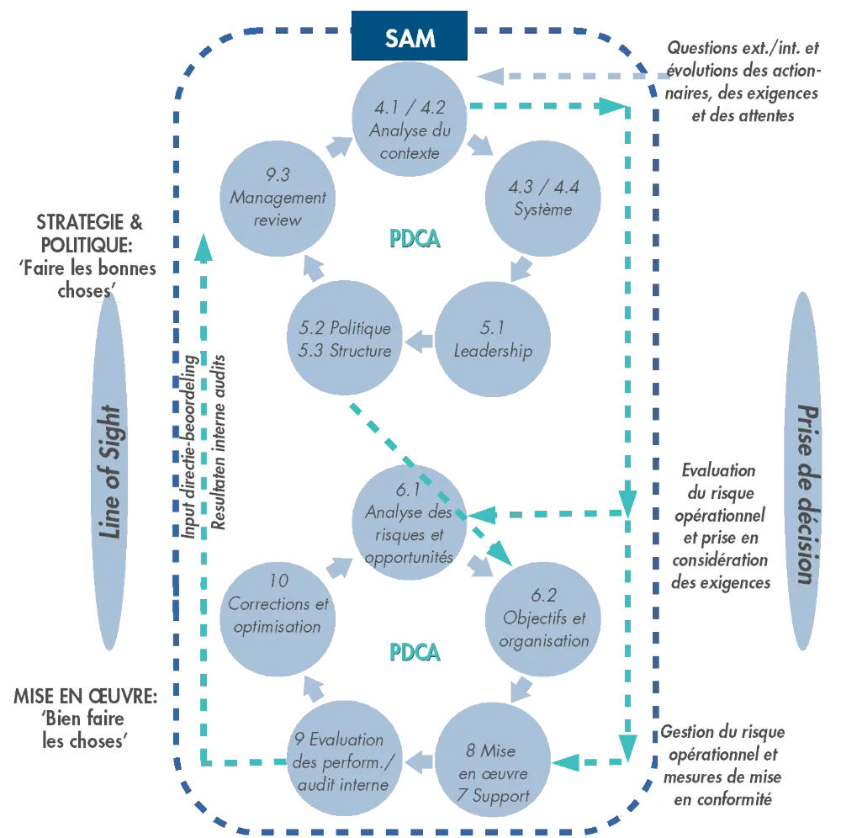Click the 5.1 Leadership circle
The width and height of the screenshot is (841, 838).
tap(493, 340)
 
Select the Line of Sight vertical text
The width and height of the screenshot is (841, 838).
tap(110, 471)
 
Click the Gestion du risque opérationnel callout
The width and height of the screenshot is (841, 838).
tap(722, 765)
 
